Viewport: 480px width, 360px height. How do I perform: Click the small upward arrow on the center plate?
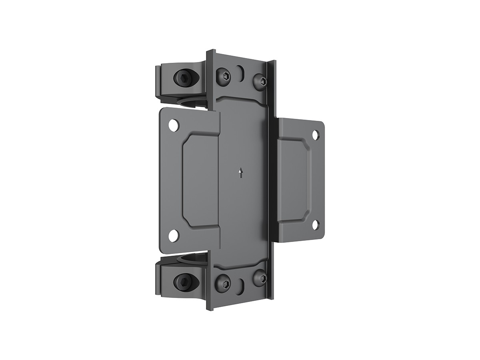coord(240,173)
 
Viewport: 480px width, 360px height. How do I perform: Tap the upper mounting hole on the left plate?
coord(174,125)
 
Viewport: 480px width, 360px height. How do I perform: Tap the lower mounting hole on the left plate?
coord(174,236)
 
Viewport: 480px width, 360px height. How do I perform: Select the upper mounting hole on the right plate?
coord(316,135)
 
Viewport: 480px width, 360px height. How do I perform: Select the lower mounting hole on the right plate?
coord(315,225)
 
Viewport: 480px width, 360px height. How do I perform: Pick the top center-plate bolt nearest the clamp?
coord(223,76)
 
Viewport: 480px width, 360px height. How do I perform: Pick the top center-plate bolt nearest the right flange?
coord(260,82)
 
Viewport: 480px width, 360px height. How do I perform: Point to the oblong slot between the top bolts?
coord(240,73)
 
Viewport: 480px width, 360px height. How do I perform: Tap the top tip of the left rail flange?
coord(210,51)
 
